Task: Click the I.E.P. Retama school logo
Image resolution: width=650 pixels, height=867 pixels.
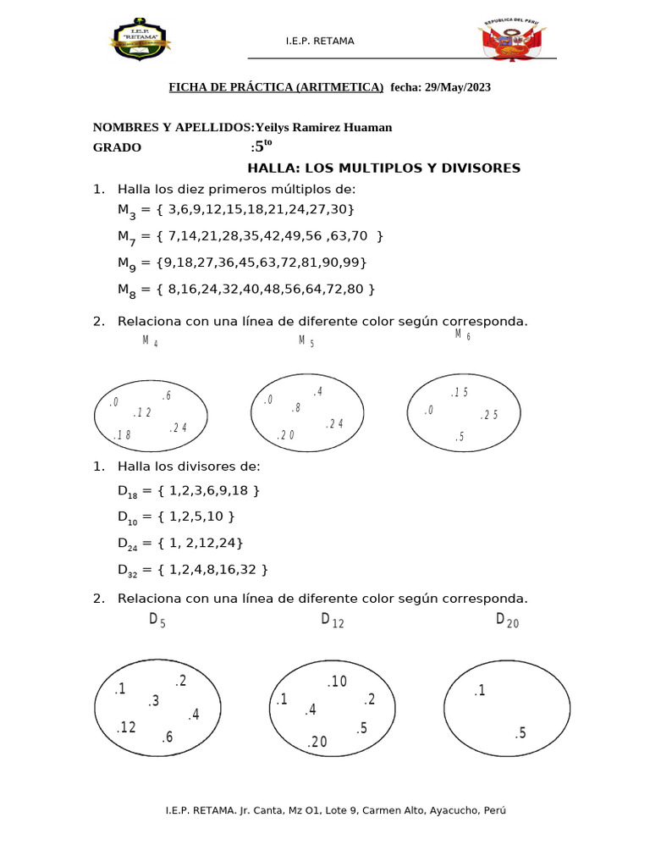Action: (x=140, y=40)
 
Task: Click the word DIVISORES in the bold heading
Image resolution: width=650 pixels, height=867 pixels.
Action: (x=477, y=168)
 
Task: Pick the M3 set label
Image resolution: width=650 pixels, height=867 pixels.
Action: (x=125, y=210)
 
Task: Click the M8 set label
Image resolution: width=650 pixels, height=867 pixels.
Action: (x=125, y=290)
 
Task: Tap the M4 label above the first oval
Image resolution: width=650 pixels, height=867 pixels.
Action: (x=150, y=342)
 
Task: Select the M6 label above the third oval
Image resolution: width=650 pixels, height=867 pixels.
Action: (x=462, y=335)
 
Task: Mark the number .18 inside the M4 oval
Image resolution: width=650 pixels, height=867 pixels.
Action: (x=122, y=435)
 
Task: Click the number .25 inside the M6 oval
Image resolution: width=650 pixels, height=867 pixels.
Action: (x=489, y=415)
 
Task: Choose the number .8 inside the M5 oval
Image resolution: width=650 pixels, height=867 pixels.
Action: (x=295, y=408)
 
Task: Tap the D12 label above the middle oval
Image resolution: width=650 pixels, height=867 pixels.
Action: (x=332, y=621)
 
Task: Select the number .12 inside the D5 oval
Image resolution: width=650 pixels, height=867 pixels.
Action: (x=125, y=726)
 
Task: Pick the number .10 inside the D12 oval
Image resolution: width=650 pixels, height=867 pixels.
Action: (x=337, y=682)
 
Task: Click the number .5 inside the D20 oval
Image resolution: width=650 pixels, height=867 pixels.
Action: (x=520, y=733)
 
